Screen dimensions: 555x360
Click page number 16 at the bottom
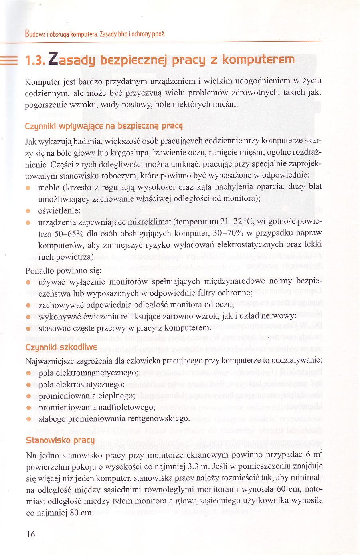[x=31, y=534]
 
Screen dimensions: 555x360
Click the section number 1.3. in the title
[x=35, y=60]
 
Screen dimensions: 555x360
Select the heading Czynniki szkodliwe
[x=61, y=347]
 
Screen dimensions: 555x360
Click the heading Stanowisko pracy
[x=60, y=440]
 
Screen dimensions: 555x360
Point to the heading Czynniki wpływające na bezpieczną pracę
[x=104, y=126]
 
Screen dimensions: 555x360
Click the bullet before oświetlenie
[x=28, y=210]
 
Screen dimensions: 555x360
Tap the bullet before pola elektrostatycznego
[x=28, y=385]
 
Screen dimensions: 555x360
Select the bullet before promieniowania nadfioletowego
[x=28, y=408]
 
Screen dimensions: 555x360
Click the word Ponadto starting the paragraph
[x=39, y=271]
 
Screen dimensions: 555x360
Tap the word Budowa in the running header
[x=35, y=34]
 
